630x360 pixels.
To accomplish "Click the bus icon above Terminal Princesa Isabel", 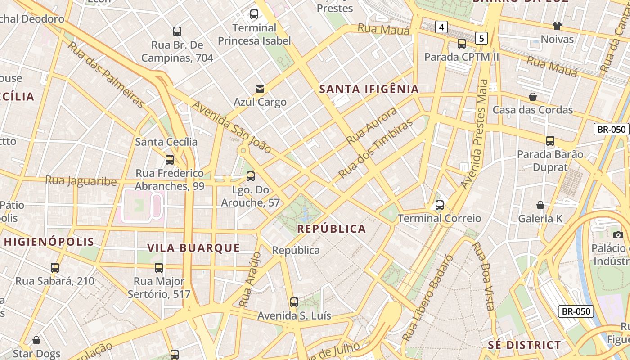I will pyautogui.click(x=254, y=14).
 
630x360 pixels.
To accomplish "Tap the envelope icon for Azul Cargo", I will pyautogui.click(x=260, y=88).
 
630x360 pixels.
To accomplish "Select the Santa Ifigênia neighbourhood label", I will pyautogui.click(x=369, y=89).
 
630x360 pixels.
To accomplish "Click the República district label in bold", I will pyautogui.click(x=332, y=229).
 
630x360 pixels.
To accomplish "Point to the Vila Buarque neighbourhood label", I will pyautogui.click(x=194, y=248).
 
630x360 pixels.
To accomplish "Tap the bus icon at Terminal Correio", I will pyautogui.click(x=440, y=205).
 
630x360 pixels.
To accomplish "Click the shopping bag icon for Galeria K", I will pyautogui.click(x=540, y=205).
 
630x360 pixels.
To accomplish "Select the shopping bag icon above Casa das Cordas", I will pyautogui.click(x=533, y=97).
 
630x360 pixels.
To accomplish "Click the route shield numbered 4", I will pyautogui.click(x=441, y=27).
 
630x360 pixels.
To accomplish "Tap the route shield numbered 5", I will pyautogui.click(x=481, y=38).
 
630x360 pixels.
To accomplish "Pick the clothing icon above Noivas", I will pyautogui.click(x=557, y=26).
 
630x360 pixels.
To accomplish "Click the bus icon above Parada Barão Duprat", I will pyautogui.click(x=550, y=141).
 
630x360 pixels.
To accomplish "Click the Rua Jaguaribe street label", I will pyautogui.click(x=81, y=181).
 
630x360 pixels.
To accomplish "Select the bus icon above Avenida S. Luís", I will pyautogui.click(x=294, y=302).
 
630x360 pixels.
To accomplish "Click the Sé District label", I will pyautogui.click(x=525, y=345).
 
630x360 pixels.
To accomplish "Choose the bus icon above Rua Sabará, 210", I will pyautogui.click(x=55, y=268).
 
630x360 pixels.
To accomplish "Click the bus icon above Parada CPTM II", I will pyautogui.click(x=462, y=44).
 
